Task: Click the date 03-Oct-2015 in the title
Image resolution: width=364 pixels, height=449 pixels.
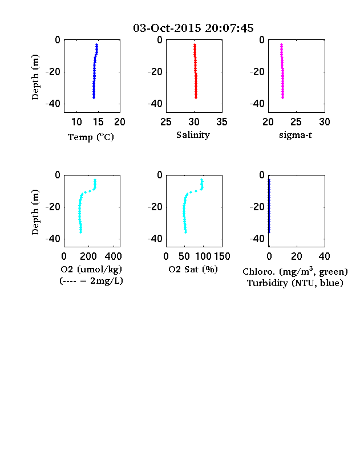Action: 167,28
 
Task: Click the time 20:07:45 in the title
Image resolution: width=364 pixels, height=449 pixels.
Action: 229,28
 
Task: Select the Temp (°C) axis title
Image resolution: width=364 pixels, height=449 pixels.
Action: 91,137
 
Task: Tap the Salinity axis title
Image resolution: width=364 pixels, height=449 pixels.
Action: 193,135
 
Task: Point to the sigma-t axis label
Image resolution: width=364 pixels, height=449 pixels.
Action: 295,135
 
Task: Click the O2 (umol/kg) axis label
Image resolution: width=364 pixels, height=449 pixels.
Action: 91,270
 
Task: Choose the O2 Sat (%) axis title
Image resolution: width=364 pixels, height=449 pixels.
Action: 193,269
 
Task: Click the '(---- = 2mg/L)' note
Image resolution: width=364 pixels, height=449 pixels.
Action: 91,281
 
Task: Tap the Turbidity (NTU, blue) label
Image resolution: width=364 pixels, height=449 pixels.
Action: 295,283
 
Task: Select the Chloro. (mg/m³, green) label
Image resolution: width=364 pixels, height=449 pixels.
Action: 295,271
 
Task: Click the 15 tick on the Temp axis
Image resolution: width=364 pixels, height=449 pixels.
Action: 98,122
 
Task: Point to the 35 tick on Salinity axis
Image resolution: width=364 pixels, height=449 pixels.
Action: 222,122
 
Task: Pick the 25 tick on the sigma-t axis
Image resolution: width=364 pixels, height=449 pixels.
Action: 296,122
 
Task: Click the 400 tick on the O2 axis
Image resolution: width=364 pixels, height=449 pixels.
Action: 113,256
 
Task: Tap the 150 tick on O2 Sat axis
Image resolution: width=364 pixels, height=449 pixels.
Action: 222,256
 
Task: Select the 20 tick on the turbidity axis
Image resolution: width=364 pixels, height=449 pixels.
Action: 297,256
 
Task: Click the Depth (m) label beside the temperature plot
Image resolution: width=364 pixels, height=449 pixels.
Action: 35,77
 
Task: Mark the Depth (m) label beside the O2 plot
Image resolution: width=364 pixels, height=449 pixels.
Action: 35,212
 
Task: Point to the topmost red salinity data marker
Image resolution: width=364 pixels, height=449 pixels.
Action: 195,44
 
